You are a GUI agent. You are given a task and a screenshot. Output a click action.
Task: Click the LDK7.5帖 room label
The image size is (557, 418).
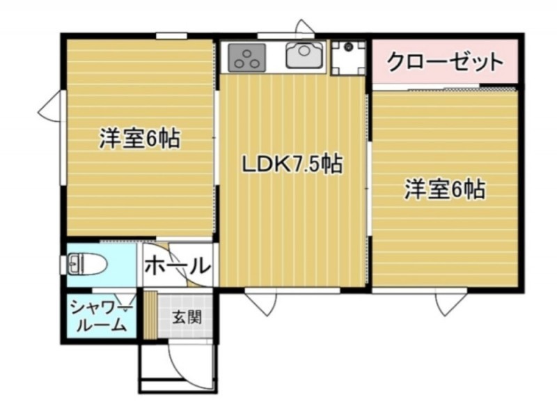[x=292, y=164]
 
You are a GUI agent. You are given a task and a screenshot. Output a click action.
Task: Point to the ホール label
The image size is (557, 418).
[x=178, y=265]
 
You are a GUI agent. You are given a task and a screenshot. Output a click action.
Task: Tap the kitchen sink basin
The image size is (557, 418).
[x=304, y=56]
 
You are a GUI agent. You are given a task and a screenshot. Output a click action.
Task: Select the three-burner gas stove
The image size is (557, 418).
[x=246, y=57]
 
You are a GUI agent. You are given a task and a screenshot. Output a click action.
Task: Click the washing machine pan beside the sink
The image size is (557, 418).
[x=348, y=58]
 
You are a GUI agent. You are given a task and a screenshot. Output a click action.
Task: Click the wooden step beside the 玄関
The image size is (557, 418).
[x=150, y=314]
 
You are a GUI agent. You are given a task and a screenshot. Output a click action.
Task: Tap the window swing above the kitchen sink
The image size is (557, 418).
[x=305, y=27]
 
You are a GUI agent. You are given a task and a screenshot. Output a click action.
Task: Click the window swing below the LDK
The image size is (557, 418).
[x=260, y=302]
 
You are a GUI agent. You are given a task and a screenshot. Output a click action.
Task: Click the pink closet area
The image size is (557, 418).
[x=445, y=61]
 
